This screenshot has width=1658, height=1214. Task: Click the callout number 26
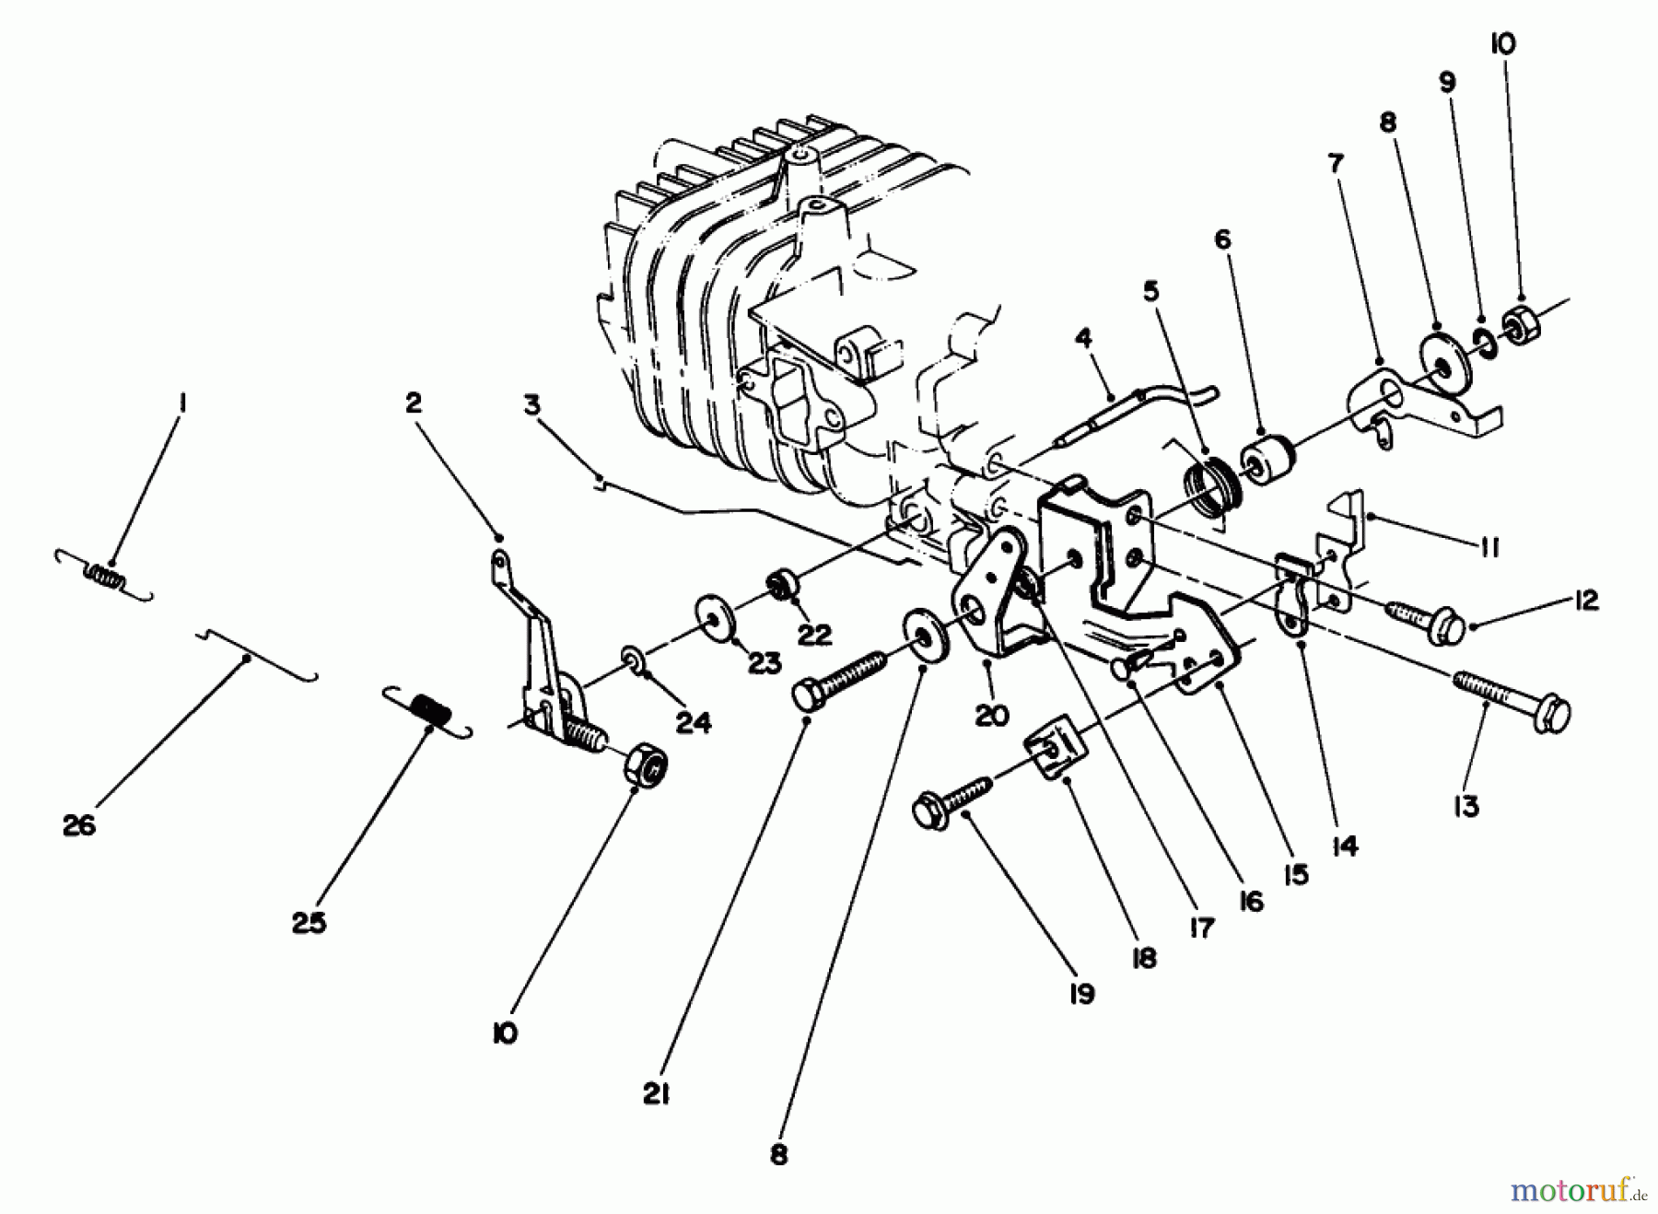pos(79,825)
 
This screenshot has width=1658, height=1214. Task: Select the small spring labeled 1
pos(103,577)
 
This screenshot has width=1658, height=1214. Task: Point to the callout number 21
pos(656,1094)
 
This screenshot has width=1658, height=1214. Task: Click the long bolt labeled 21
pos(838,679)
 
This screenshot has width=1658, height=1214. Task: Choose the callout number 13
pos(1465,806)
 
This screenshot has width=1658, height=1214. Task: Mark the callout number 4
pos(1083,338)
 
